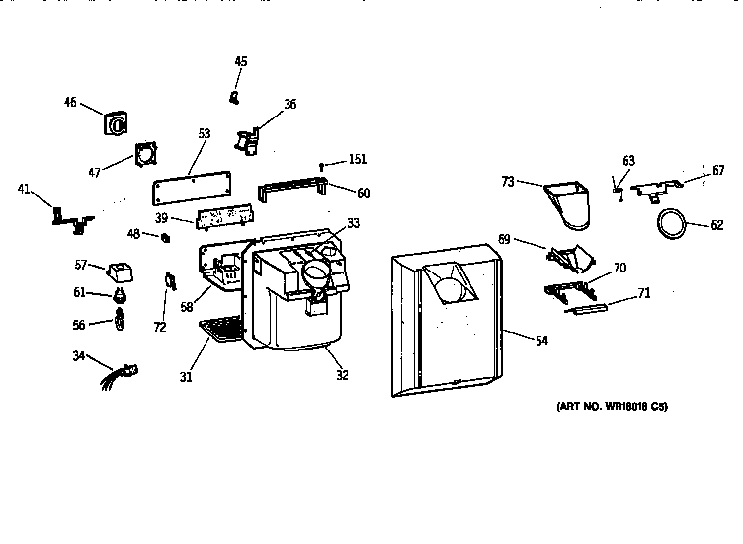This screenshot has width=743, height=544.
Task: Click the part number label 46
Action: click(x=70, y=101)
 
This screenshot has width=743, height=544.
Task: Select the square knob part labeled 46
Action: click(x=116, y=125)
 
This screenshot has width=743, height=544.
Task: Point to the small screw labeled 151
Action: click(x=322, y=165)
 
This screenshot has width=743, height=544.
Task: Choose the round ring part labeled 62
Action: click(x=671, y=225)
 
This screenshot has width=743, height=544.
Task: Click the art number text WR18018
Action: click(x=613, y=406)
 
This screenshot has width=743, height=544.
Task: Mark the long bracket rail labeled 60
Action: click(x=291, y=187)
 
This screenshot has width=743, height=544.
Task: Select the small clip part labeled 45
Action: click(x=235, y=96)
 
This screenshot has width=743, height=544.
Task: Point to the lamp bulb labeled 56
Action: click(x=121, y=320)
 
